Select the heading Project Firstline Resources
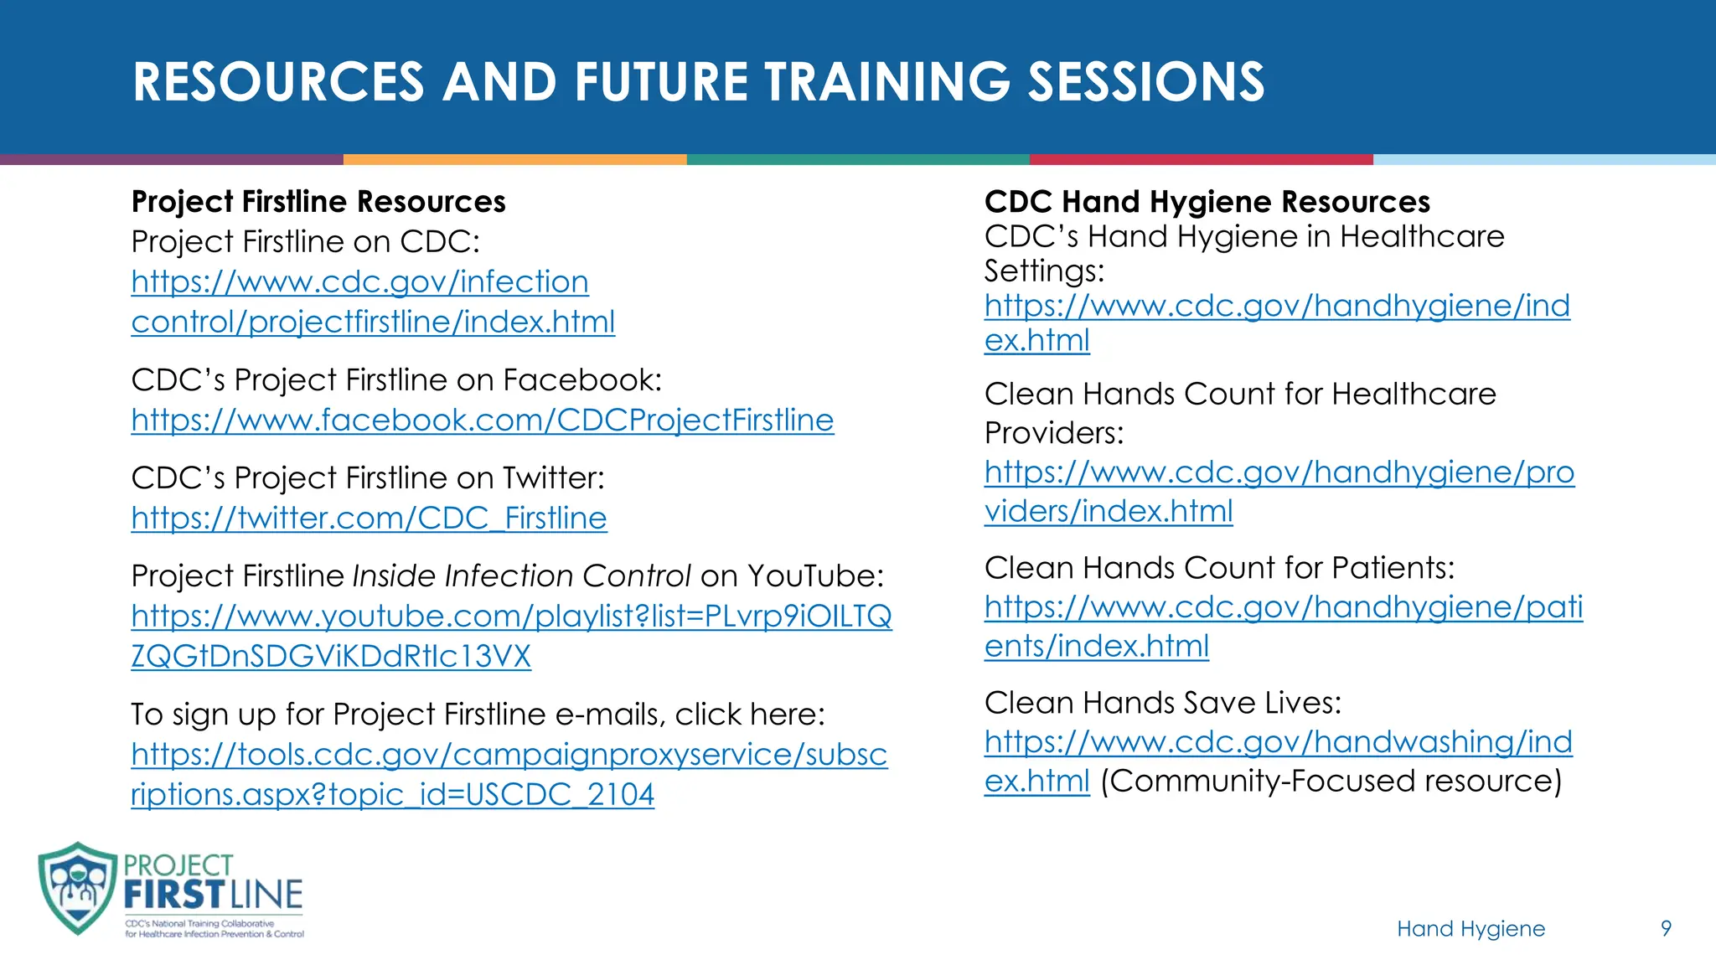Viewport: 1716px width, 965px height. pos(318,202)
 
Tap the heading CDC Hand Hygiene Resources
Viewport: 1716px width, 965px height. pos(1207,202)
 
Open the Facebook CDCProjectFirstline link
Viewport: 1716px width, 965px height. pos(482,420)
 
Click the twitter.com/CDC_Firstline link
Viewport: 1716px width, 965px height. pos(369,518)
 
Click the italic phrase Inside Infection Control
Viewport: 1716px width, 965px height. pos(521,576)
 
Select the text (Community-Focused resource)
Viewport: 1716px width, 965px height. pos(1331,781)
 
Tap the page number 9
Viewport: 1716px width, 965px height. pos(1666,928)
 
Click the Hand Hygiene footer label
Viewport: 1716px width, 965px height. pos(1470,928)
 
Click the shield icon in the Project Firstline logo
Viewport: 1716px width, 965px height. pos(77,888)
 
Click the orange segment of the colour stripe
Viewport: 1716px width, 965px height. pos(514,159)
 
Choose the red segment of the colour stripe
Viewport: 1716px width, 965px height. pos(1201,159)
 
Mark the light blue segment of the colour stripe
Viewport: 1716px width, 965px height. pos(1543,159)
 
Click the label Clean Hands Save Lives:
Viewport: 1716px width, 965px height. pos(1162,703)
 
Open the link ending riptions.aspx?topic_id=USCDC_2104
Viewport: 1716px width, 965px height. pos(392,794)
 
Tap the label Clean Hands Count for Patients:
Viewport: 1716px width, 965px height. pos(1219,568)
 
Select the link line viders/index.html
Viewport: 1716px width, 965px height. pos(1108,511)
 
